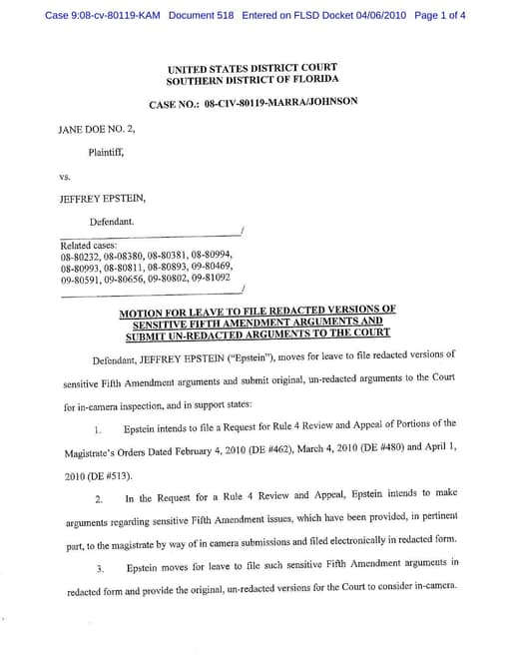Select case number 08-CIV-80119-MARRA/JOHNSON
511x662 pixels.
click(x=282, y=103)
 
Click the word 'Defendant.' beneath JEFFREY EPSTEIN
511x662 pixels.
click(x=113, y=221)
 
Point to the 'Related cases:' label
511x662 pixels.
click(x=89, y=245)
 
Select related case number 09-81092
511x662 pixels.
click(x=222, y=281)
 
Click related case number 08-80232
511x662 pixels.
click(x=82, y=257)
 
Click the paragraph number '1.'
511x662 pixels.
click(x=98, y=429)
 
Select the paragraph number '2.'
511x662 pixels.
click(x=98, y=497)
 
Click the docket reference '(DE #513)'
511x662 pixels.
click(x=114, y=475)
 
